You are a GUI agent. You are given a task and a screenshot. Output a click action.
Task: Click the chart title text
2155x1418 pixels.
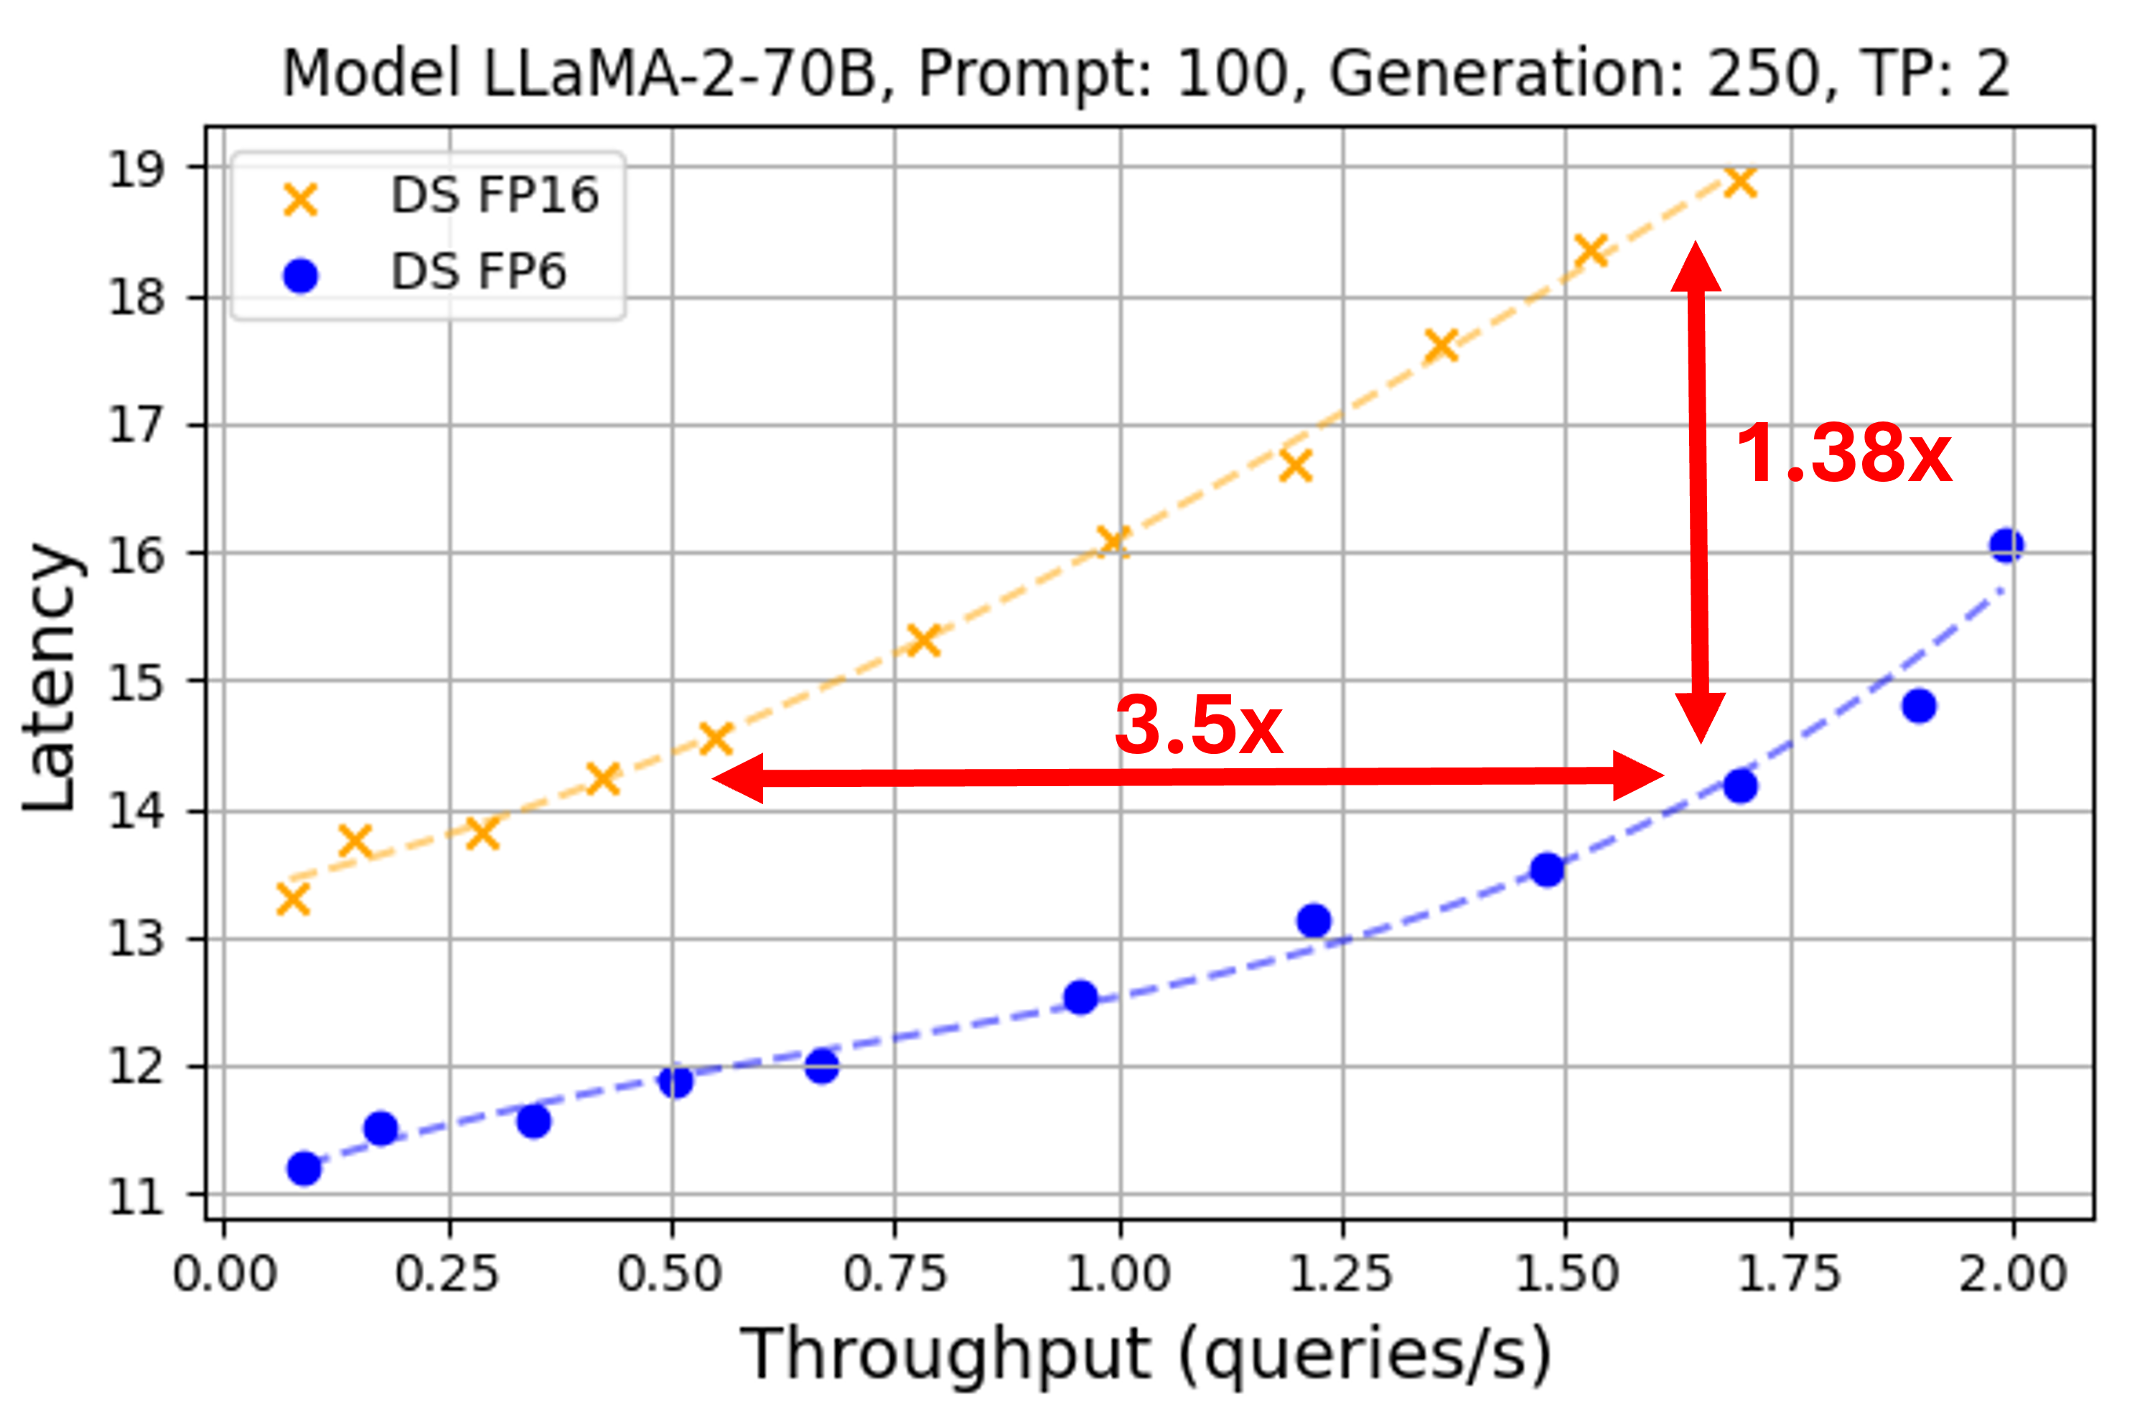[x=1146, y=74]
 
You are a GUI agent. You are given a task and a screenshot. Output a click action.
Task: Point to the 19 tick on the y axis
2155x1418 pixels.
[x=136, y=169]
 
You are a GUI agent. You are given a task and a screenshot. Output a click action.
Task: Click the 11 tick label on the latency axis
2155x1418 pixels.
[x=136, y=1197]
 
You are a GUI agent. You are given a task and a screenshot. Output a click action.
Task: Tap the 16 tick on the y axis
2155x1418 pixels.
[x=136, y=555]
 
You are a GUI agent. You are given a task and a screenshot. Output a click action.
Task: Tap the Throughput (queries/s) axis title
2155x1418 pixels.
[x=1146, y=1355]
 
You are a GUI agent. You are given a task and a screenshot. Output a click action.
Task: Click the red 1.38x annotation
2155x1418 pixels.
[x=1843, y=454]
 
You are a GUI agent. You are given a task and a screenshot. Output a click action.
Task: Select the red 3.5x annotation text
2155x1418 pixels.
[x=1198, y=726]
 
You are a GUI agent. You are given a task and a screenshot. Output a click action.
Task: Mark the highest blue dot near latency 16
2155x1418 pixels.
[x=2006, y=545]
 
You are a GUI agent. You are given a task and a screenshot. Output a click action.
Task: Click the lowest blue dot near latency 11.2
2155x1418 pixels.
[x=304, y=1169]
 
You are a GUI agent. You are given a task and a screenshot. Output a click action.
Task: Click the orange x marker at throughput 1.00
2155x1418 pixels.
[x=1113, y=542]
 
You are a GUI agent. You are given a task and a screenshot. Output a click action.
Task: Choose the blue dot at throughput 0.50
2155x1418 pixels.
[x=676, y=1081]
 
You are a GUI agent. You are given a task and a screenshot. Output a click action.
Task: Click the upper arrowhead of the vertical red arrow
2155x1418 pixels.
[x=1695, y=267]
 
